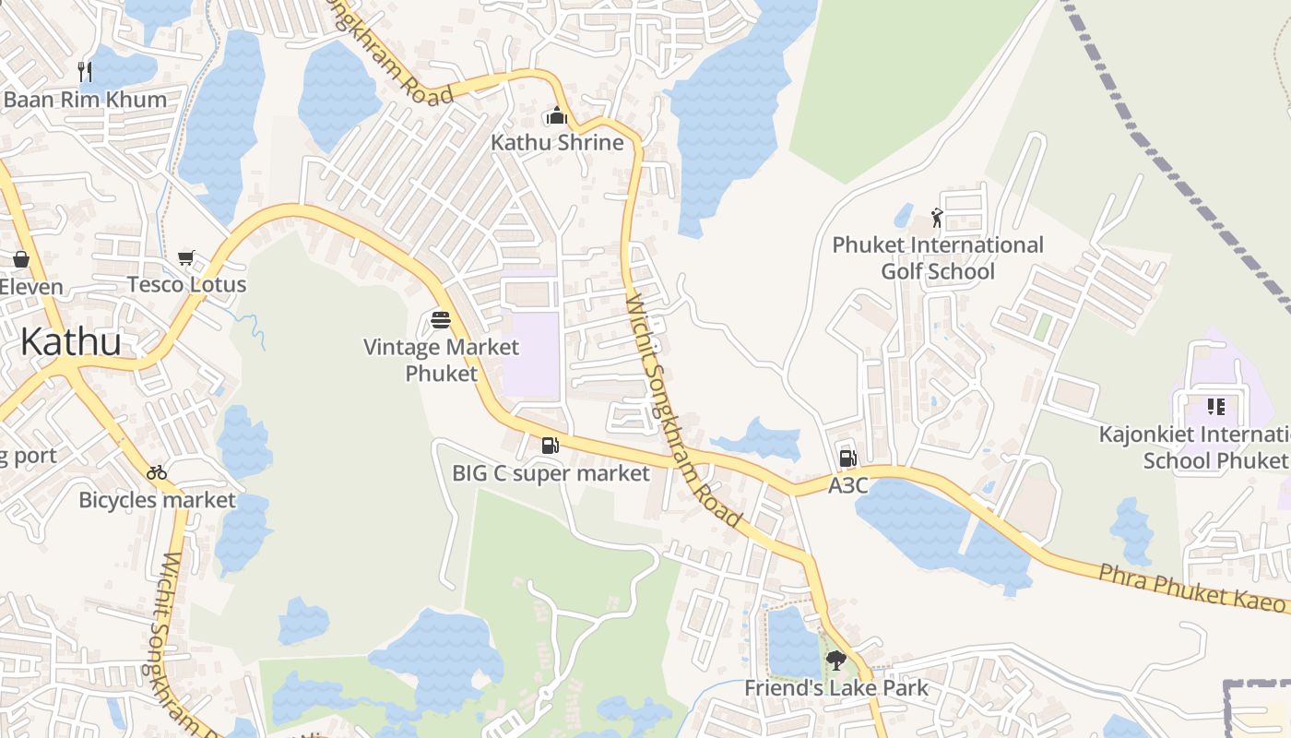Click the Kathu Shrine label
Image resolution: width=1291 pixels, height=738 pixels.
557,143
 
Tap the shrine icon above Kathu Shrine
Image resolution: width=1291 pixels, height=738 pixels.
556,116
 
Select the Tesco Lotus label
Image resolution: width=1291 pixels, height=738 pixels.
187,284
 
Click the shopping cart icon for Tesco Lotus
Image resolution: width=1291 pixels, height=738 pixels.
186,258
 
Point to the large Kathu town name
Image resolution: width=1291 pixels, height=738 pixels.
70,341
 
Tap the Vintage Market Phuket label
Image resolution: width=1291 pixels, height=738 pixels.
442,360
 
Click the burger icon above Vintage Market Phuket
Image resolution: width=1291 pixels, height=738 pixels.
442,320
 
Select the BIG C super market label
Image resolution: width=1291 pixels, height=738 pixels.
551,473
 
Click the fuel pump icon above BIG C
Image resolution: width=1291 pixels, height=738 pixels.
550,446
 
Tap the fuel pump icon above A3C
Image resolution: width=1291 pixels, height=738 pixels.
847,458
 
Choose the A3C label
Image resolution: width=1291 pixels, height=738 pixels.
848,485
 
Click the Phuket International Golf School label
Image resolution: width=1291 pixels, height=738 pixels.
938,258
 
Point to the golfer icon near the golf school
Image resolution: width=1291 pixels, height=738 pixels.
937,219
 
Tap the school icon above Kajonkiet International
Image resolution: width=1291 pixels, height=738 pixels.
1215,407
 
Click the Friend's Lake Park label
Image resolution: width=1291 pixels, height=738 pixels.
836,688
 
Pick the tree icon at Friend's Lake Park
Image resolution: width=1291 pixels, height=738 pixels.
836,661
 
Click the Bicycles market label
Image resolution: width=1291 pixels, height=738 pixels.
158,500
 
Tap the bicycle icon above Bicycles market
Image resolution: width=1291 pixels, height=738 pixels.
157,472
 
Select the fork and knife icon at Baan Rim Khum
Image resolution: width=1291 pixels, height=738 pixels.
85,72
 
